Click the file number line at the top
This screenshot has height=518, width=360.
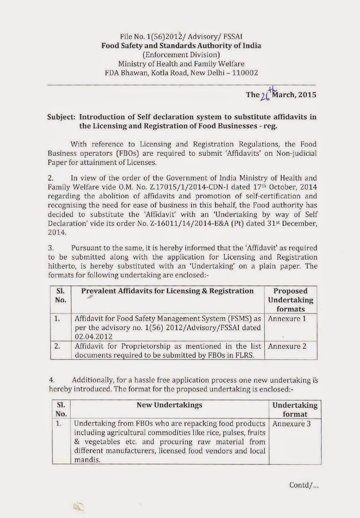181,37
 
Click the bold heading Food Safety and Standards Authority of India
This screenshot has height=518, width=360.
181,46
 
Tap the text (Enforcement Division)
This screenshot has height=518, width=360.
181,55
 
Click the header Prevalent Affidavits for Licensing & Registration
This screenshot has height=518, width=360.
167,291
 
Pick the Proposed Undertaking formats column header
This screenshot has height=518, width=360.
290,300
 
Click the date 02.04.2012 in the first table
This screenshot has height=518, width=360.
93,337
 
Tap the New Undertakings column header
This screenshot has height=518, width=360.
169,405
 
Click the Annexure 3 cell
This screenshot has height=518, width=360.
291,424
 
